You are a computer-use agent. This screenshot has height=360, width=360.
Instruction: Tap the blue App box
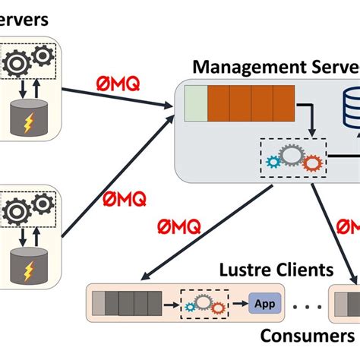tap(265, 305)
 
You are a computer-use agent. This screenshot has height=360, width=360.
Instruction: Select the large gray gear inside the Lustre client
tap(204, 302)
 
